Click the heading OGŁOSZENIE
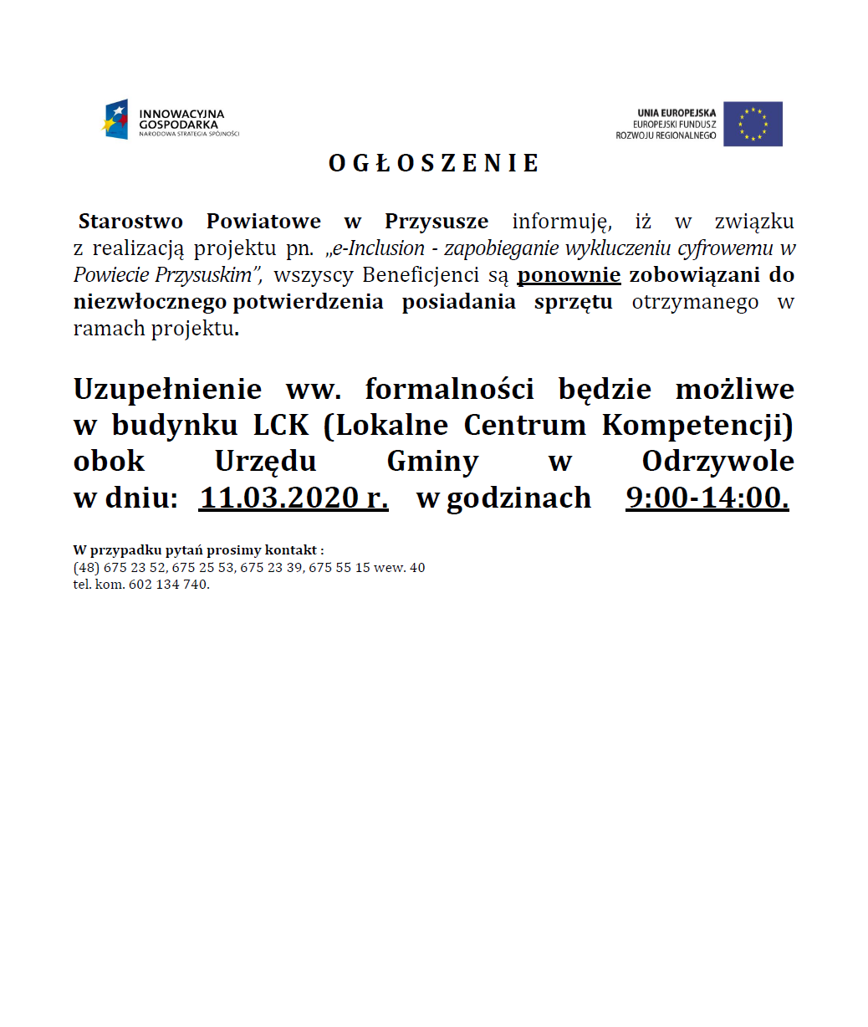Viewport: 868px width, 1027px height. click(434, 163)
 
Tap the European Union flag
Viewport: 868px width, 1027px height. click(753, 124)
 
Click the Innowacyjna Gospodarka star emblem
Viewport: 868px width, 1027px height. click(116, 120)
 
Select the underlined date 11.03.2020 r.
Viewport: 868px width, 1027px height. click(294, 498)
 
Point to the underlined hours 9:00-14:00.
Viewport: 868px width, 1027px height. click(707, 498)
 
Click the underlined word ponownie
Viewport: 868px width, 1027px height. click(569, 275)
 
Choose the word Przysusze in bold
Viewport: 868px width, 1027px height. click(437, 222)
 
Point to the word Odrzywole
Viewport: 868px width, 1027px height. click(717, 461)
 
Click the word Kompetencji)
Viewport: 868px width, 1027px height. click(697, 425)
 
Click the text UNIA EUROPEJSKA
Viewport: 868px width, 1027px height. click(677, 113)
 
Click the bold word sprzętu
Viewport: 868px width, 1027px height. click(573, 302)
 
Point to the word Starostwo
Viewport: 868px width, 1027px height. click(130, 222)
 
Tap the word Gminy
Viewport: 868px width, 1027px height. click(432, 461)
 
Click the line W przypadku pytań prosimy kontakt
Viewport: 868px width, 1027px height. click(198, 550)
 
